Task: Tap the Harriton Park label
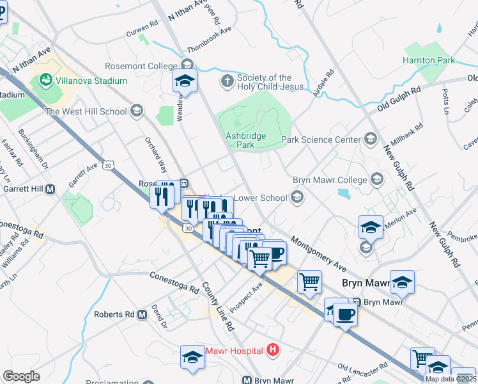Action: click(429, 60)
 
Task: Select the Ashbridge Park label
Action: click(240, 140)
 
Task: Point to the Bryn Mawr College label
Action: click(330, 179)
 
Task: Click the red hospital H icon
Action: click(274, 349)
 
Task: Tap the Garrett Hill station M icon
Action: click(50, 189)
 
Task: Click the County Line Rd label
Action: click(219, 307)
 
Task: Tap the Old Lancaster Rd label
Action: click(362, 369)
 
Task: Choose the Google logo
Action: click(21, 376)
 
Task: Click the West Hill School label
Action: click(86, 111)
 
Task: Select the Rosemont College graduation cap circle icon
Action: click(187, 65)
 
